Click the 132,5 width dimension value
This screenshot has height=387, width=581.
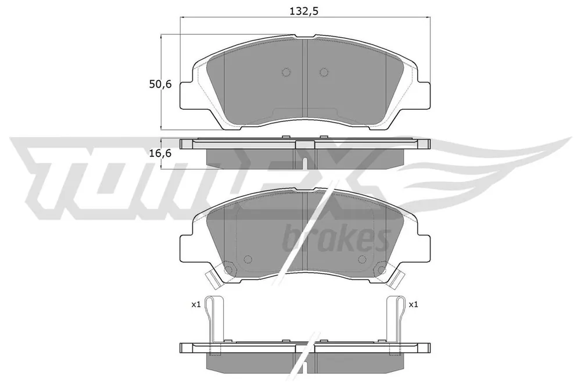(x=303, y=11)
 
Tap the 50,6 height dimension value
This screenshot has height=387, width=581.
(x=160, y=84)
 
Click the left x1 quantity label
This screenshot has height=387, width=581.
(x=196, y=304)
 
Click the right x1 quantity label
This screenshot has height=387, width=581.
(x=413, y=304)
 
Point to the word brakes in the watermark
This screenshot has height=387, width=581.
(x=336, y=239)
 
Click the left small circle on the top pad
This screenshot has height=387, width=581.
(x=286, y=72)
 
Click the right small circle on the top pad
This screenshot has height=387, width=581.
(x=324, y=72)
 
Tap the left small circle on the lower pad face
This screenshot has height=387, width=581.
(x=248, y=259)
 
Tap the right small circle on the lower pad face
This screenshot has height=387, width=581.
(x=363, y=259)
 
